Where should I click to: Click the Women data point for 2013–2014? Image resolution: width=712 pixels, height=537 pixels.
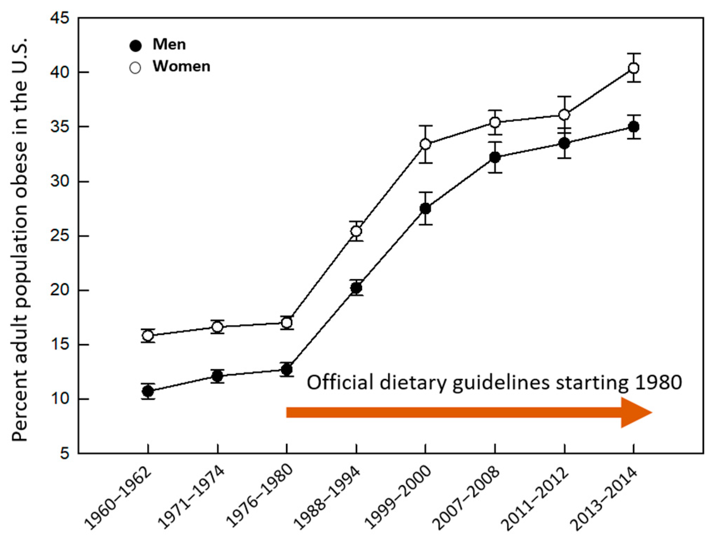pyautogui.click(x=634, y=68)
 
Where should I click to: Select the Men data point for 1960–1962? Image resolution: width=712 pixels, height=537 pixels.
pyautogui.click(x=148, y=391)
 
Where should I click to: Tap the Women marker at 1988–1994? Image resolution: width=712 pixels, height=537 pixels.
pyautogui.click(x=356, y=231)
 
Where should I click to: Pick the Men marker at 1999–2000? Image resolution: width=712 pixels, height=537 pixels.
pyautogui.click(x=425, y=209)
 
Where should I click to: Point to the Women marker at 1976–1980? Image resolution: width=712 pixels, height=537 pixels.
pyautogui.click(x=287, y=323)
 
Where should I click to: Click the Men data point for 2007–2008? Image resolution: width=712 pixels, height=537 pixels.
pyautogui.click(x=495, y=157)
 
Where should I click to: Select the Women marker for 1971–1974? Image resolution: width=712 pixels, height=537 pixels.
pyautogui.click(x=217, y=327)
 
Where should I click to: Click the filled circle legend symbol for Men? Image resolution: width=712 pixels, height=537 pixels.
pyautogui.click(x=135, y=46)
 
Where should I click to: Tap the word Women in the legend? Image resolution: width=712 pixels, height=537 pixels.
pyautogui.click(x=181, y=66)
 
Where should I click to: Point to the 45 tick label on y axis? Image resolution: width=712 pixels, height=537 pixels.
pyautogui.click(x=60, y=18)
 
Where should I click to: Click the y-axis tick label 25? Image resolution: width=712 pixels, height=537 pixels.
pyautogui.click(x=60, y=236)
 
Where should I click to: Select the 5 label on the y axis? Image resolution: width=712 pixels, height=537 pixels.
pyautogui.click(x=65, y=454)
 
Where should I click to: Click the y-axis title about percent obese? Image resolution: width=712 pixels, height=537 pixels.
pyautogui.click(x=20, y=241)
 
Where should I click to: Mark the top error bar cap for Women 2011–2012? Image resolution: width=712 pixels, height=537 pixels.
pyautogui.click(x=564, y=96)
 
